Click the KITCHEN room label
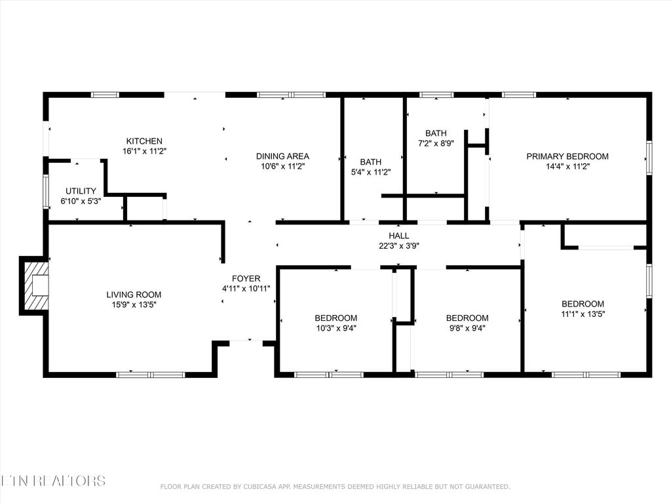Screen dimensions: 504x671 pos(144,141)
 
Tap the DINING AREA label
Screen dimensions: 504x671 pos(282,156)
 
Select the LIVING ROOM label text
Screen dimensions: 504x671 pos(134,295)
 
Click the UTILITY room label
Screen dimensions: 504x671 pos(81,191)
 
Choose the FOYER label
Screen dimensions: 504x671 pos(246,279)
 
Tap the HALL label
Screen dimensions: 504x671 pos(398,236)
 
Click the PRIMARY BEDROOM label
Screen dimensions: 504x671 pos(567,156)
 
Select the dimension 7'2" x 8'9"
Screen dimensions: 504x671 pos(436,143)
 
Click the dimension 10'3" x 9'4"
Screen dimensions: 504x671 pos(335,328)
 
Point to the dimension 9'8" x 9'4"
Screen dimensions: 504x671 pos(467,328)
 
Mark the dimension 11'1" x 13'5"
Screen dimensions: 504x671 pos(583,314)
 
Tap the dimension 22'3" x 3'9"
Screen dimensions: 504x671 pos(398,245)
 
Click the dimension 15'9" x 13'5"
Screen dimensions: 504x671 pos(134,304)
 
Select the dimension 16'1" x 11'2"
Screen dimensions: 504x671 pos(144,151)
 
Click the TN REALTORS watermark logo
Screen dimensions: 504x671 pos(52,480)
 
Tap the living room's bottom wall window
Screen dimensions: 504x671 pos(151,375)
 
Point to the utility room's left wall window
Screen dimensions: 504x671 pos(46,191)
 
